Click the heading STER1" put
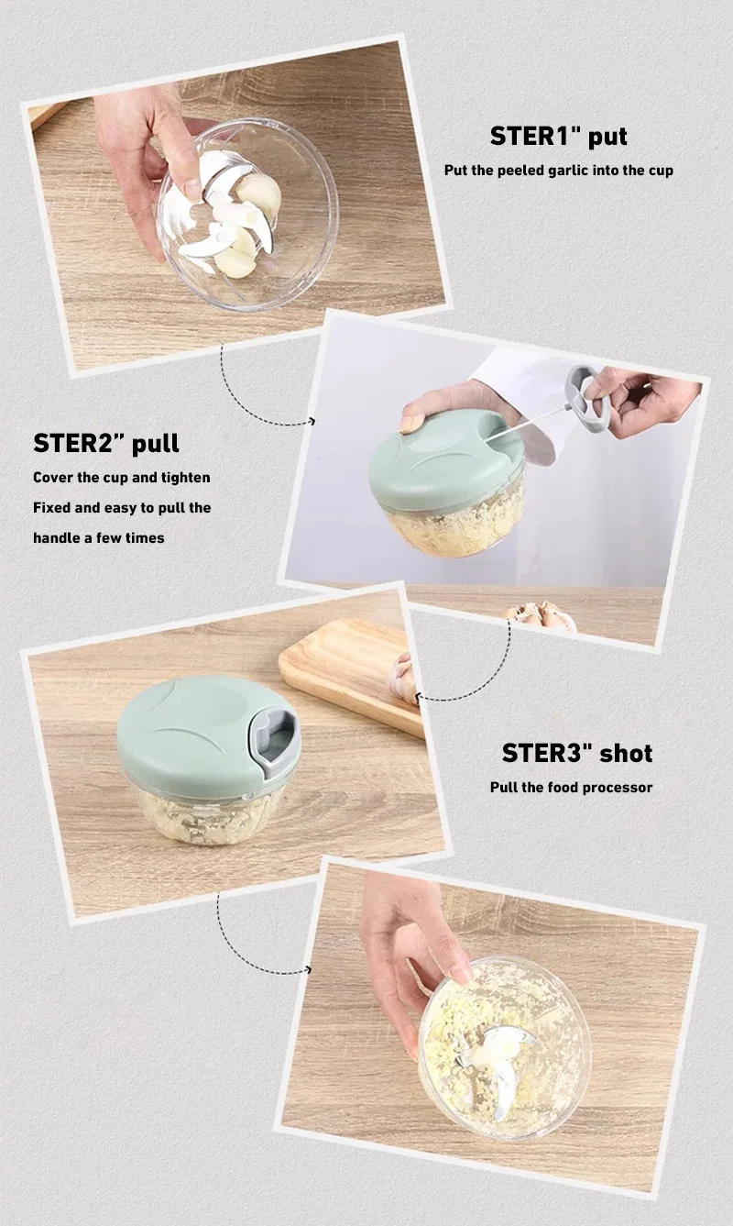coord(558,137)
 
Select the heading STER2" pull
coord(106,444)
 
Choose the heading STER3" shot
coord(576,754)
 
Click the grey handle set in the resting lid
coord(274,738)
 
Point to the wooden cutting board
coord(348,675)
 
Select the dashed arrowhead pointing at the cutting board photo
coord(420,699)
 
